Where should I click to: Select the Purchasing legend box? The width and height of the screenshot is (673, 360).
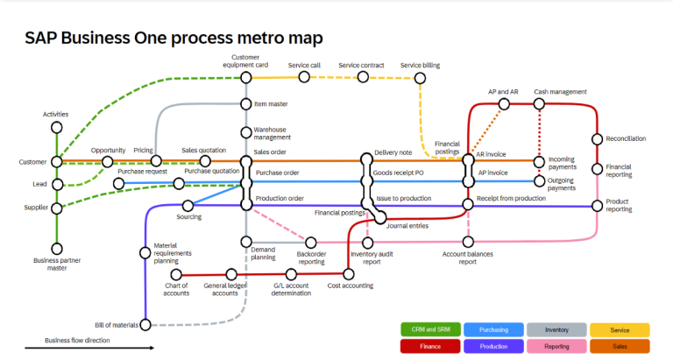coord(493,330)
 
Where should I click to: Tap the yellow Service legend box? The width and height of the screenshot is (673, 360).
coord(619,330)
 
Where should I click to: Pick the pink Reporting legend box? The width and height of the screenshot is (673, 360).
coord(556,346)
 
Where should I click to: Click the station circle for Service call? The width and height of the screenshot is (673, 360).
coord(304,77)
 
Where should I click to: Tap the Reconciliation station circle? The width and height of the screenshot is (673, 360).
coord(599,138)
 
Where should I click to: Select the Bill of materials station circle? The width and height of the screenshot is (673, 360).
coord(145,325)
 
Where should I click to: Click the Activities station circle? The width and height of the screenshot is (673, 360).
coord(57,127)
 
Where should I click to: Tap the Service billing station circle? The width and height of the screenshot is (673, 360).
coord(421,78)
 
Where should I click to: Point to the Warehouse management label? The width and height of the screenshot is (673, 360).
coord(273,133)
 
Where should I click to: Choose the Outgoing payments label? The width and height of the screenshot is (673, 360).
coord(562,184)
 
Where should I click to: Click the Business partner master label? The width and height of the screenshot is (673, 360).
coord(57,264)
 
